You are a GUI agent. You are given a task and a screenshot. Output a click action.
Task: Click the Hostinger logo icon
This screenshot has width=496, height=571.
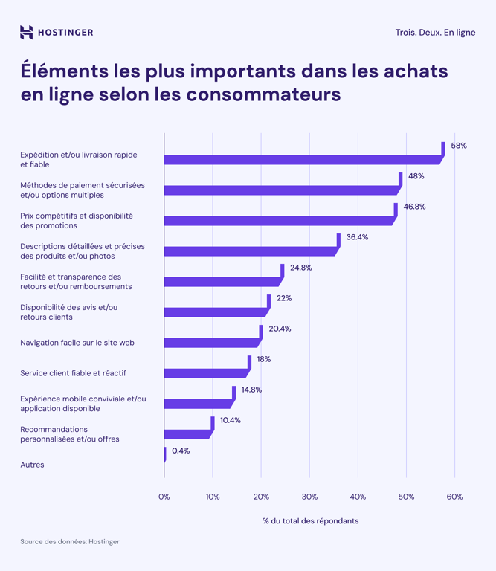(x=27, y=32)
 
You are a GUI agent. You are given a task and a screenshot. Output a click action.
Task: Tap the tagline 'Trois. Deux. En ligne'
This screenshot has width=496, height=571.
(x=435, y=33)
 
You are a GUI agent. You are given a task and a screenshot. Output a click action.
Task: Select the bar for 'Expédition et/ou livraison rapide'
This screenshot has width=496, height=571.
(x=301, y=159)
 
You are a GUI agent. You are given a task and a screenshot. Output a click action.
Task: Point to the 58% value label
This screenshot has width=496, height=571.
(x=459, y=146)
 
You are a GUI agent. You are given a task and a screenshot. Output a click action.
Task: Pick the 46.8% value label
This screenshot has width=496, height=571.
(x=415, y=207)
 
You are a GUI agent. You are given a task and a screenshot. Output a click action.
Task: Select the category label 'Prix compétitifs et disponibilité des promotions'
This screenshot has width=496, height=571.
(x=77, y=220)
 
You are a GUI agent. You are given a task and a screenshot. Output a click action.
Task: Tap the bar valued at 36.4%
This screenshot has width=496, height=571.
(x=250, y=251)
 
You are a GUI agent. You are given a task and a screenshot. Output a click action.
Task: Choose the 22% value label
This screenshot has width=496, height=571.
(x=283, y=298)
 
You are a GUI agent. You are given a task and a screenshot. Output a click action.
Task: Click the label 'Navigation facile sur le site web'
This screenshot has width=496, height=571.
(x=77, y=343)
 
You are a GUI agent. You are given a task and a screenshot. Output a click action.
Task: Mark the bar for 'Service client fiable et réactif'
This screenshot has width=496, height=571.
(x=205, y=373)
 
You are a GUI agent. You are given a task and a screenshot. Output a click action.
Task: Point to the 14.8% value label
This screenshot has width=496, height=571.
(x=251, y=390)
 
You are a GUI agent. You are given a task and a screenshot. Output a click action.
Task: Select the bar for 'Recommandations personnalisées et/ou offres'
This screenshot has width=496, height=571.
(x=187, y=434)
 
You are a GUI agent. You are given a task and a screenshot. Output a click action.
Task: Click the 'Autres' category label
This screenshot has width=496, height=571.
(x=32, y=465)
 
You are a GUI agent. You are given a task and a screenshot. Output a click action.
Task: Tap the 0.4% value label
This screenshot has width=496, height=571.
(x=181, y=451)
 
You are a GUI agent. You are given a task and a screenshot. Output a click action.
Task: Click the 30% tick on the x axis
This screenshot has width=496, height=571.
(x=309, y=497)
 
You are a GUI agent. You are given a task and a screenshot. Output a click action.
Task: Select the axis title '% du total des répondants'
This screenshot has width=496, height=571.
(x=310, y=521)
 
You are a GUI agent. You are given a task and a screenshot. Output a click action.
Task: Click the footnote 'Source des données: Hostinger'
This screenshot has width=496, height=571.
(x=70, y=542)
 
